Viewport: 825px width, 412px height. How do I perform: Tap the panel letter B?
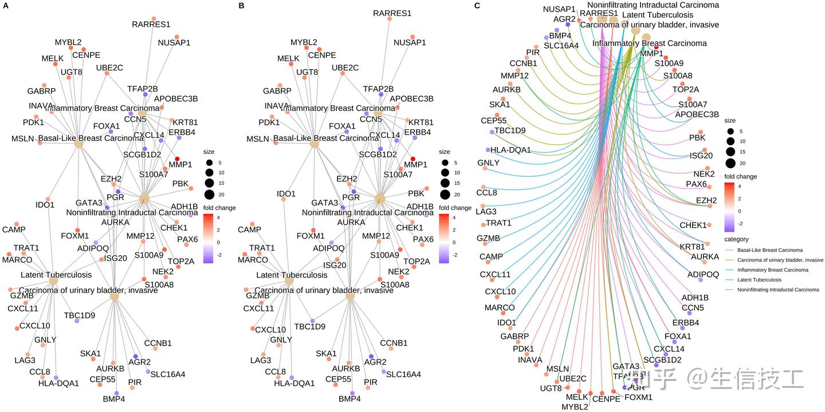pos(241,5)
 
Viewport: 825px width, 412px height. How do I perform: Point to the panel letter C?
pos(478,5)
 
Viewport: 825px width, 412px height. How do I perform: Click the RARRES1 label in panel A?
pos(151,25)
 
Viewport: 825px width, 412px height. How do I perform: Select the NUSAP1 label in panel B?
pos(410,42)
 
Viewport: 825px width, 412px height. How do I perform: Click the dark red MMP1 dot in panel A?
pos(178,159)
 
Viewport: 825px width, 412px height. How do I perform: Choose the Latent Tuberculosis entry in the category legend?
pos(759,280)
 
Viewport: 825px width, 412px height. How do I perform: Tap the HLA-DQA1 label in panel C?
pos(511,150)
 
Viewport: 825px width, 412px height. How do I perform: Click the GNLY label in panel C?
pos(488,163)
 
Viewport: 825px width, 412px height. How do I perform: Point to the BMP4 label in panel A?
pos(113,399)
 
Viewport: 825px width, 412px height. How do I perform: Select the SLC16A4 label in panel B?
pos(403,374)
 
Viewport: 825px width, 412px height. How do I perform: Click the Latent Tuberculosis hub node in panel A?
pos(54,281)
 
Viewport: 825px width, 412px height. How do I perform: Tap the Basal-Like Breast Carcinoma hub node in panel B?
pos(314,144)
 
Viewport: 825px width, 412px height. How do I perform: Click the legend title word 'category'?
pos(736,239)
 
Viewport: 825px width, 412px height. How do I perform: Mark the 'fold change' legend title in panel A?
pos(219,208)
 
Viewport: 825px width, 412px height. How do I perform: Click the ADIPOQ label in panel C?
pos(703,275)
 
